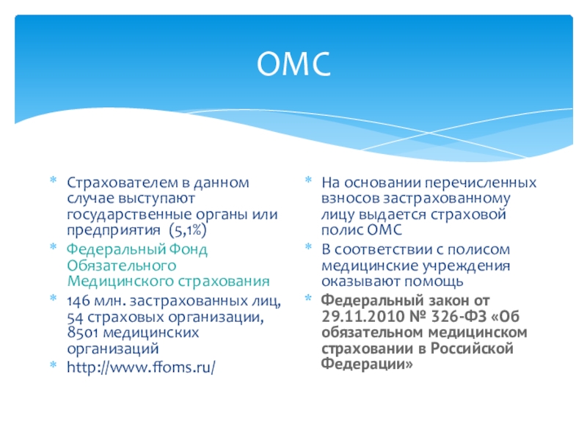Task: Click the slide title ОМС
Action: pyautogui.click(x=294, y=64)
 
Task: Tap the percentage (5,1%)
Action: pyautogui.click(x=188, y=230)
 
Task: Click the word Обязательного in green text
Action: pyautogui.click(x=122, y=265)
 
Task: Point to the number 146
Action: pyautogui.click(x=79, y=301)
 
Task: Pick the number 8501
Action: pyautogui.click(x=83, y=332)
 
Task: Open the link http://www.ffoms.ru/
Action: pyautogui.click(x=141, y=367)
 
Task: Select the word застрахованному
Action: pyautogui.click(x=446, y=199)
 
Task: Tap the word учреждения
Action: pyautogui.click(x=466, y=266)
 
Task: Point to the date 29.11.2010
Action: pyautogui.click(x=363, y=317)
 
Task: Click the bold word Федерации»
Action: pyautogui.click(x=367, y=364)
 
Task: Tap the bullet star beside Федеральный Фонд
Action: pyautogui.click(x=54, y=247)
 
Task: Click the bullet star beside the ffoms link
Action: pyautogui.click(x=54, y=364)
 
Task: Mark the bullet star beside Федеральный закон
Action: pyautogui.click(x=308, y=298)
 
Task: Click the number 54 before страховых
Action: pyautogui.click(x=75, y=318)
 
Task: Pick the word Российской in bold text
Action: pyautogui.click(x=472, y=348)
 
